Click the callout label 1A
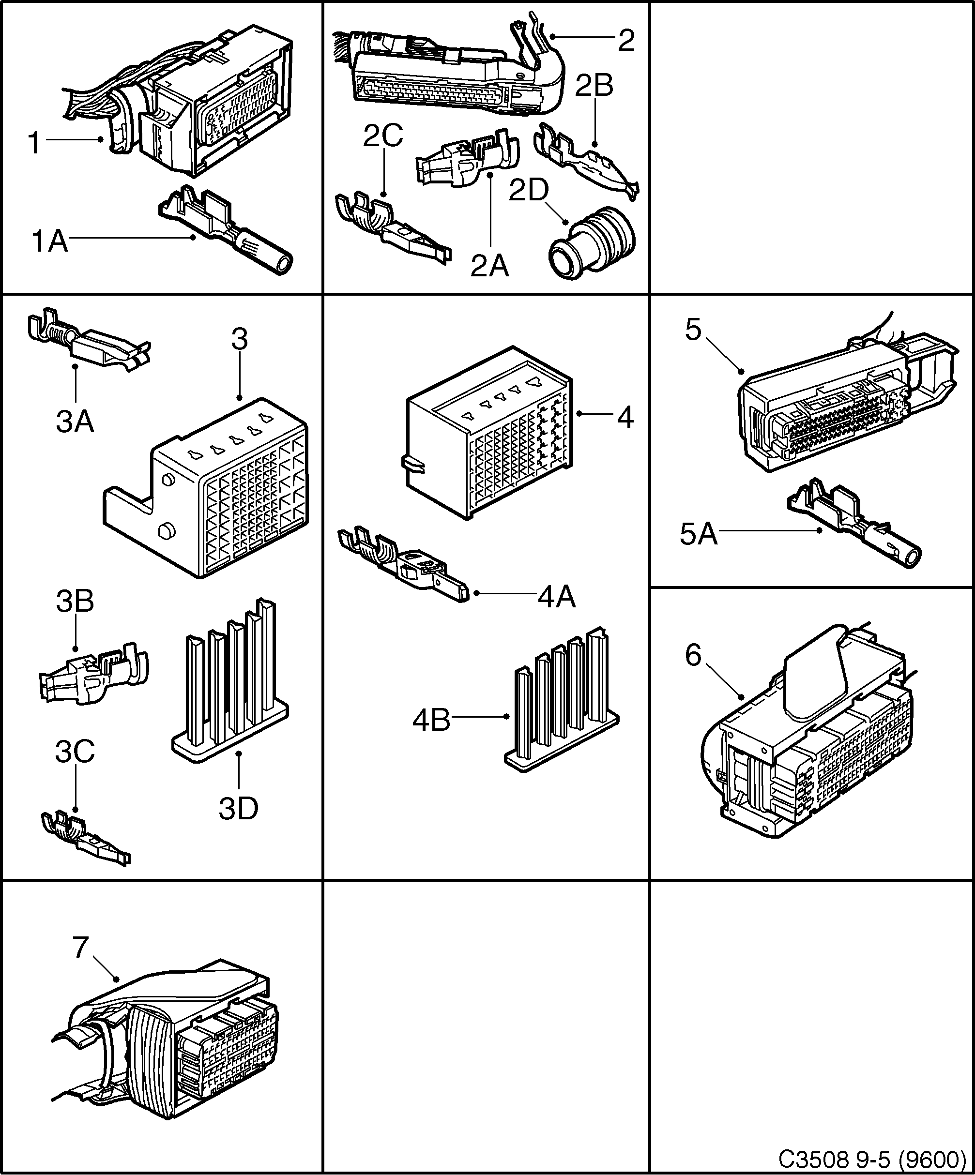pos(50,242)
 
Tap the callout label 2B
pos(594,86)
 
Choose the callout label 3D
pos(239,809)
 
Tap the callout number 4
pos(625,418)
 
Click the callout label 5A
pos(699,534)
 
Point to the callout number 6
pos(693,655)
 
